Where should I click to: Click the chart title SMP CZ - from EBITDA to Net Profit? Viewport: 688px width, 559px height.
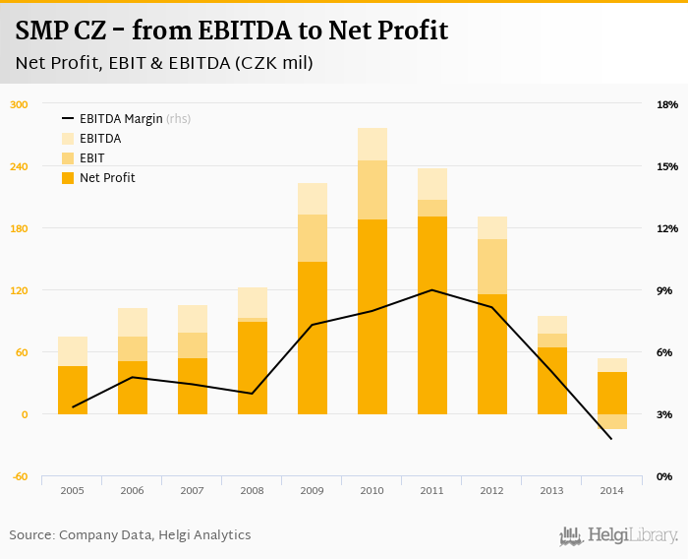pos(232,31)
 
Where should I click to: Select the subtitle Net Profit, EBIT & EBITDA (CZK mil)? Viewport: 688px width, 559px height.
pos(164,64)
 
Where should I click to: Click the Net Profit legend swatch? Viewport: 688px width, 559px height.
pos(68,178)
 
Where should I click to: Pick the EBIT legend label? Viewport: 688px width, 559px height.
pos(92,158)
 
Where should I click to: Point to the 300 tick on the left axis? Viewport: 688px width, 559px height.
pos(18,104)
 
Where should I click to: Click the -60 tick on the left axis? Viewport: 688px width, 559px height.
pos(18,476)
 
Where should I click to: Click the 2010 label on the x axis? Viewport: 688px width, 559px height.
pos(372,489)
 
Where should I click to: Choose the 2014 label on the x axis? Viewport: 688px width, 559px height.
pos(611,489)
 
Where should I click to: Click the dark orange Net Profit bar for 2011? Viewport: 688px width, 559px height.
pos(431,315)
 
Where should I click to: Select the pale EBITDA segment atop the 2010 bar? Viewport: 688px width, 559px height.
pos(372,144)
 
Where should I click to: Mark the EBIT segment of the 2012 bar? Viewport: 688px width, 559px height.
pos(491,266)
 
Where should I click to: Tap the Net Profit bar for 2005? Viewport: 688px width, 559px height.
pos(73,391)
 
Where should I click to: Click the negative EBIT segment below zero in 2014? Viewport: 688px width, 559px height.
pos(611,421)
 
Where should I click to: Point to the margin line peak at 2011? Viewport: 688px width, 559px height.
pos(431,290)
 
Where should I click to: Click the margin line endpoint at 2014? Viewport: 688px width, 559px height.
pos(611,438)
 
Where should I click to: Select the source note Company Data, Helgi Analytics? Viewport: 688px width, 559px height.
pos(130,535)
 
